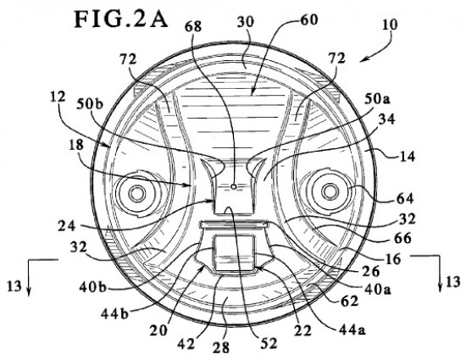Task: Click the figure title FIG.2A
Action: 121,19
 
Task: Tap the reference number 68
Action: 193,27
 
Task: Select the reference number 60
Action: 309,19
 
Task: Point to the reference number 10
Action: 390,25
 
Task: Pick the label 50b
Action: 89,104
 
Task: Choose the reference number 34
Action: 386,119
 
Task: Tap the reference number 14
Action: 406,156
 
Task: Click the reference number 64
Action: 404,198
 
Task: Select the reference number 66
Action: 402,239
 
